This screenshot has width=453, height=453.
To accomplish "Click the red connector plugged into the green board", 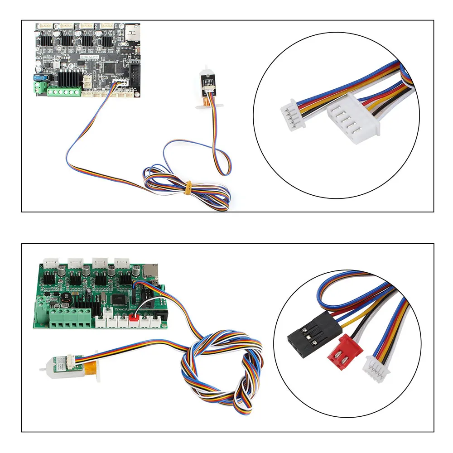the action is tap(134, 321).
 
